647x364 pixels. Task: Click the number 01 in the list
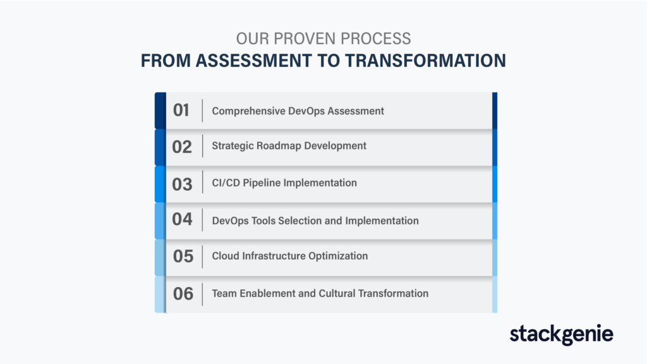point(181,110)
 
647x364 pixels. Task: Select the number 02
point(182,147)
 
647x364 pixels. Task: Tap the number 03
point(183,184)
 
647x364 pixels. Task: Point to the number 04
point(183,219)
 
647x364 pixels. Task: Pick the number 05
point(183,257)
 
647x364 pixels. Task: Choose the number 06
point(183,294)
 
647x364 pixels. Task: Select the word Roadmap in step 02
point(279,146)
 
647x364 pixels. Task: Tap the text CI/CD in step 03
point(226,183)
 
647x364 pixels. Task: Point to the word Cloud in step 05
point(226,256)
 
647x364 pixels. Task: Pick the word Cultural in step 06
point(337,293)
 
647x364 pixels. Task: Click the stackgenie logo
point(561,334)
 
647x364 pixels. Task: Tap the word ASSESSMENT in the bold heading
point(253,61)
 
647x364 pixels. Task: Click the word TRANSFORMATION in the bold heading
point(425,61)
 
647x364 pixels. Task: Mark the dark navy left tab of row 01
point(160,111)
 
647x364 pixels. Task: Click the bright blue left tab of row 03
point(160,184)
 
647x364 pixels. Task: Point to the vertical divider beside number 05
point(202,257)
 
